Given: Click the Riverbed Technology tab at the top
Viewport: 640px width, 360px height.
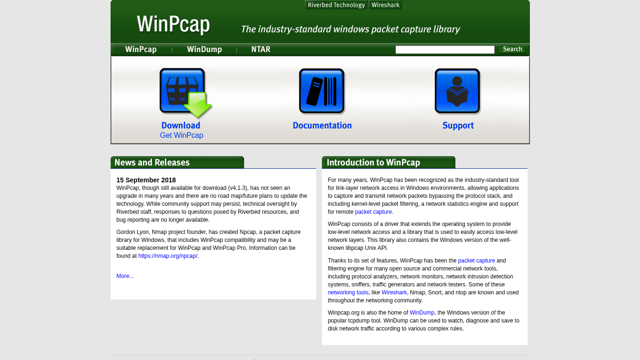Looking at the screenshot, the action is point(336,5).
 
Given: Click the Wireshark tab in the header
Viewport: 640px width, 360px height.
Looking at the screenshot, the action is point(386,5).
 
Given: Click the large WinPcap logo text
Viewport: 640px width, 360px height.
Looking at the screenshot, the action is point(173,24).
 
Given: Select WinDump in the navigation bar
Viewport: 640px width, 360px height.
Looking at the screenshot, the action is point(204,50).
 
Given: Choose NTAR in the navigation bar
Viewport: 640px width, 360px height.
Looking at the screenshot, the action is point(260,50).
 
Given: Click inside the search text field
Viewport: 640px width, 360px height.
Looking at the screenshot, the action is point(445,50).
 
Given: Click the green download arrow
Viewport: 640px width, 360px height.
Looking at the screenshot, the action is point(198,105).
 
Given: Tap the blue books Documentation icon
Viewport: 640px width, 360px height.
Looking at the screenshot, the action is point(322,91).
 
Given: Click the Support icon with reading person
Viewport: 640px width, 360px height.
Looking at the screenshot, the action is point(457,91).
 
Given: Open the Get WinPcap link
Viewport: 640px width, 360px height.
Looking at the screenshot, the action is point(181,135).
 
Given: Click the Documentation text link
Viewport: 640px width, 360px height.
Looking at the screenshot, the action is point(322,126).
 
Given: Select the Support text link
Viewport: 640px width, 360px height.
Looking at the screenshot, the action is point(458,126).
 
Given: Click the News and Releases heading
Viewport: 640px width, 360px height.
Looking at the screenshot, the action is point(152,162).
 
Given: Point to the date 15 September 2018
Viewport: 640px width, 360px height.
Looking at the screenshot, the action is point(146,180).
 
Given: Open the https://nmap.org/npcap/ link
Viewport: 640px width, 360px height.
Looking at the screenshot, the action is point(168,256).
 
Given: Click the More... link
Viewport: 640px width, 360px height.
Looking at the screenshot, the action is point(125,276).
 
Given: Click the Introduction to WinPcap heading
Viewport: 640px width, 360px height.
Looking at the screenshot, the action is point(373,162).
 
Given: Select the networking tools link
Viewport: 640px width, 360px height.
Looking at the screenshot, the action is point(348,292).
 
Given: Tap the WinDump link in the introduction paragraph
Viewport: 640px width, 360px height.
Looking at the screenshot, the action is point(422,313).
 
